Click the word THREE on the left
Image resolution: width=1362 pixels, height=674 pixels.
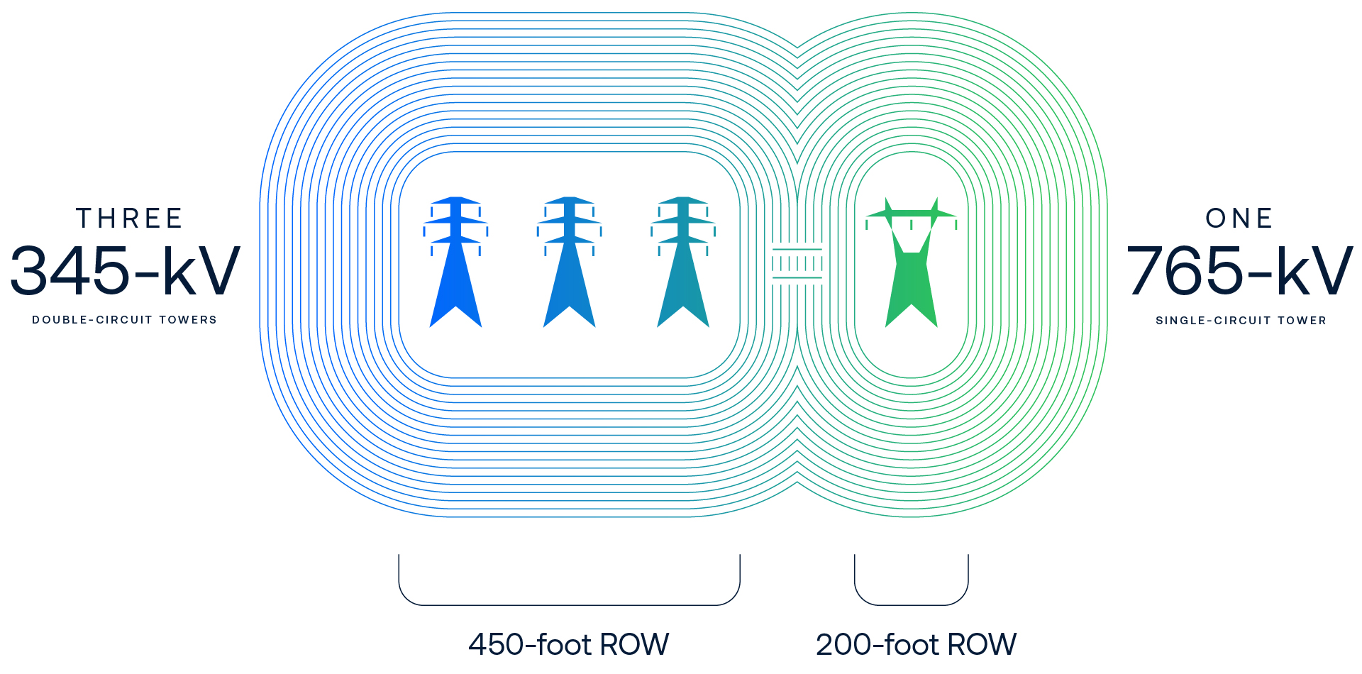129,219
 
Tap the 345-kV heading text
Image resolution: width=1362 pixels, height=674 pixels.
125,271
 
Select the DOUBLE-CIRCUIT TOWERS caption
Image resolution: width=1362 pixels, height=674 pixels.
124,320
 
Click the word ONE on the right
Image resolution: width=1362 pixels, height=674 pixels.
1239,219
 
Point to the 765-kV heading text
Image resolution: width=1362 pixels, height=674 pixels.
1239,271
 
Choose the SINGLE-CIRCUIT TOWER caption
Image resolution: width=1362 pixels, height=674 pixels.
1241,321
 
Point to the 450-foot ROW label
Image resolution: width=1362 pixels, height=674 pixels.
568,644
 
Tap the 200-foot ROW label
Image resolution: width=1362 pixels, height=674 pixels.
916,644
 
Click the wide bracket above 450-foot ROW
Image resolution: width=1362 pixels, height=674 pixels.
569,604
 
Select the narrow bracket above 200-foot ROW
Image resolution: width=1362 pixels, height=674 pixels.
912,604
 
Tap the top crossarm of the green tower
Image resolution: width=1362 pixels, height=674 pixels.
912,213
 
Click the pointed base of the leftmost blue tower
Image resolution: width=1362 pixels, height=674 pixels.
455,312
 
